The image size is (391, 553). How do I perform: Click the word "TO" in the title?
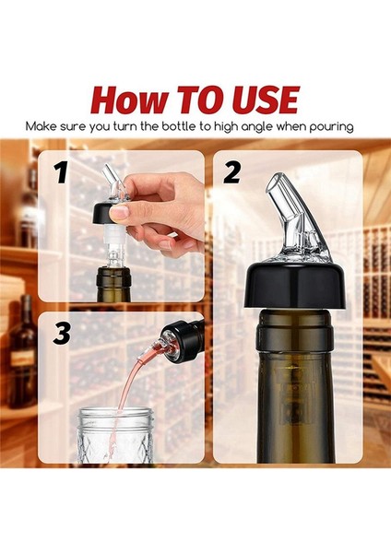pyautogui.click(x=196, y=99)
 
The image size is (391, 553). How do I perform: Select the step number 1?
pyautogui.click(x=61, y=172)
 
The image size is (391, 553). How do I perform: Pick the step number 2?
pyautogui.click(x=231, y=172)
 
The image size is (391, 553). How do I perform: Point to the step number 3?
pyautogui.click(x=61, y=334)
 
